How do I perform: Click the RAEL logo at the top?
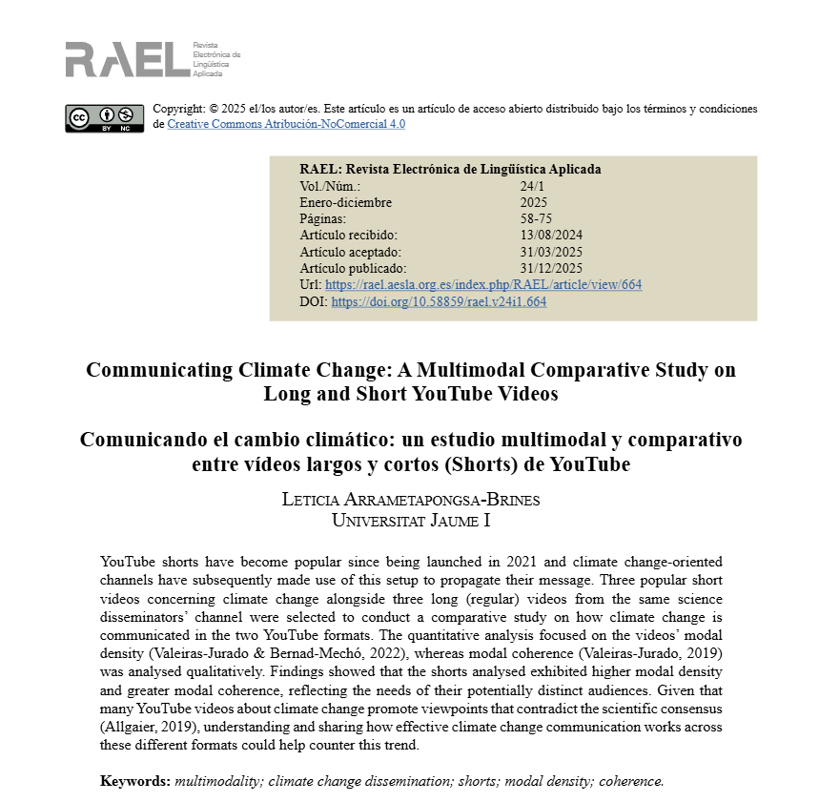click(x=128, y=59)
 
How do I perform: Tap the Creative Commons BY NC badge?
click(x=105, y=118)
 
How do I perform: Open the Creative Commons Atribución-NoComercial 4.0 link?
click(x=286, y=124)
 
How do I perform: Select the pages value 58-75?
click(x=536, y=218)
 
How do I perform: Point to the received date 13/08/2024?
click(x=551, y=236)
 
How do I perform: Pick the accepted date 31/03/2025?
click(x=551, y=252)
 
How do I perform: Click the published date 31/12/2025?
click(x=551, y=269)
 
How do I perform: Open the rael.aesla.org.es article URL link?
click(x=483, y=285)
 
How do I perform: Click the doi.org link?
click(x=439, y=302)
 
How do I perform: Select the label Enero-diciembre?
click(x=345, y=202)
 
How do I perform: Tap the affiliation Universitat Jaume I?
click(x=411, y=520)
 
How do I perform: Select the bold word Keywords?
click(x=134, y=781)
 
